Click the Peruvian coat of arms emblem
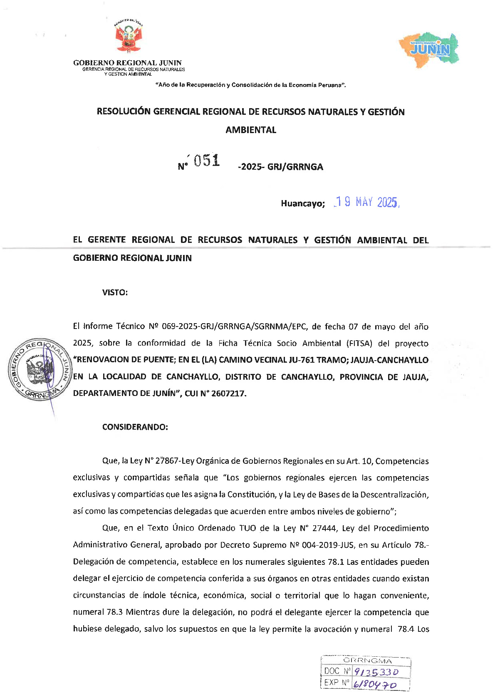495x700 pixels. click(x=129, y=37)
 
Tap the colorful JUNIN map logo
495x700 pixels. click(x=429, y=49)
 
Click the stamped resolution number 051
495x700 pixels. click(x=207, y=161)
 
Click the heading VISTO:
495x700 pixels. click(x=115, y=292)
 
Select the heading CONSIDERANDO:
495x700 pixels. click(x=135, y=427)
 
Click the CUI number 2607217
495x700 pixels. click(x=228, y=393)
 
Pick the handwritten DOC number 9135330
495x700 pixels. click(x=376, y=672)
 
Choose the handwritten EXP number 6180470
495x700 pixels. click(x=375, y=684)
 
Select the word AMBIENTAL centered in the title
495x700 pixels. click(x=251, y=130)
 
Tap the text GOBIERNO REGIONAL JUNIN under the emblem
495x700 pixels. click(x=127, y=63)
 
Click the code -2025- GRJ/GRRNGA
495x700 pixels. click(x=280, y=167)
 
